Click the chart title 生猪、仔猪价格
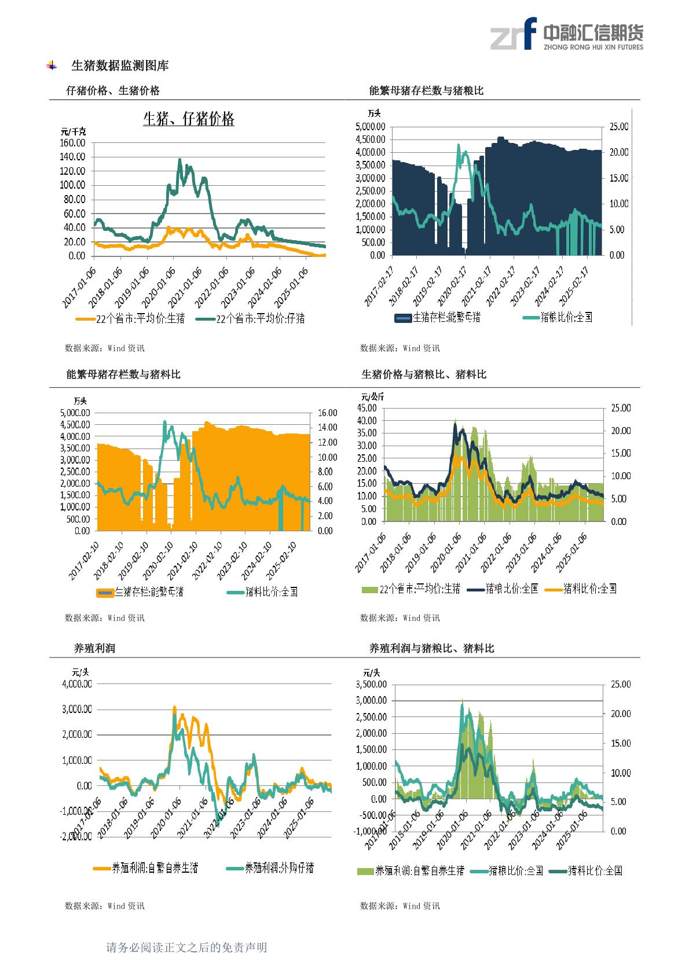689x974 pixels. click(189, 119)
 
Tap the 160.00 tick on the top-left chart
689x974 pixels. click(72, 142)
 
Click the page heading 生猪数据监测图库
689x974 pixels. click(119, 66)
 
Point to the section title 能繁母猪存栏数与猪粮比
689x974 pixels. click(426, 91)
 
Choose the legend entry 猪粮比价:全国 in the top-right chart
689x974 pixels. click(566, 317)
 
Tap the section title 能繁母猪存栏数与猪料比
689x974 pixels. click(123, 375)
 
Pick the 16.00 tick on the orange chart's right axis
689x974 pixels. click(327, 413)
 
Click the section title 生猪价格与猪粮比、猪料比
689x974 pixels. click(424, 375)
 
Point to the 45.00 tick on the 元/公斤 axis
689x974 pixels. click(368, 408)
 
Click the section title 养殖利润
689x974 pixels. click(94, 649)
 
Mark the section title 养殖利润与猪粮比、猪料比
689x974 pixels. click(431, 649)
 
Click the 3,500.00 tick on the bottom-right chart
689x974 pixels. click(371, 683)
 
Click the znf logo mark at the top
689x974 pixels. click(512, 34)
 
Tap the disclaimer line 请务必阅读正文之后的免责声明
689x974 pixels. click(186, 947)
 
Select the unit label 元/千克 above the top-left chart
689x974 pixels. click(73, 131)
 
